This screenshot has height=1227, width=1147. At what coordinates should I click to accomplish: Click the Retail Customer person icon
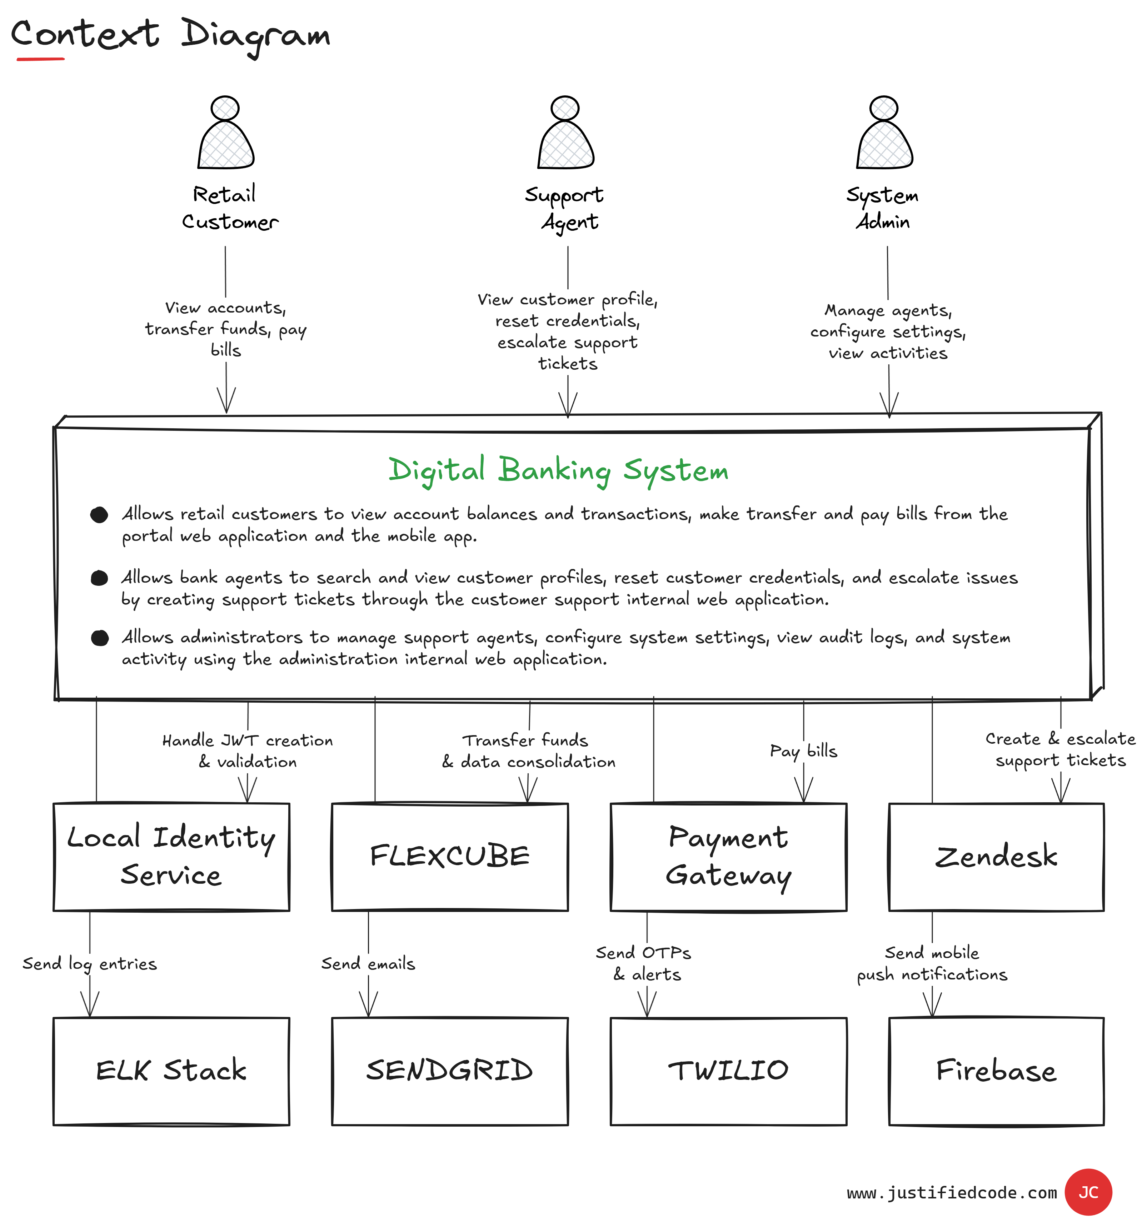point(225,133)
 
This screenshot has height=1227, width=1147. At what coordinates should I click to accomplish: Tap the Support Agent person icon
point(565,133)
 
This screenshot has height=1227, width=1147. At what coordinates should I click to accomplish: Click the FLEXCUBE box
point(449,857)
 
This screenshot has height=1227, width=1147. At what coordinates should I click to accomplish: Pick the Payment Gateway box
point(728,857)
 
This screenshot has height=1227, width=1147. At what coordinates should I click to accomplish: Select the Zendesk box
point(996,857)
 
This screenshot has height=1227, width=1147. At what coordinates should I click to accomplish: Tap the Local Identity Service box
point(171,857)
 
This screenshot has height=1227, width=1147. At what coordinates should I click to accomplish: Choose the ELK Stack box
point(171,1071)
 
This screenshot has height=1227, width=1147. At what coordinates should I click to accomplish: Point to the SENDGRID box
point(449,1071)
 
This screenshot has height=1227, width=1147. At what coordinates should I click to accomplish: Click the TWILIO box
point(728,1071)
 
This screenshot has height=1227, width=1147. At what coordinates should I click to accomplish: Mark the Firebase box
point(996,1071)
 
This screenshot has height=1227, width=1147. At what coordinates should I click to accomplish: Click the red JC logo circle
point(1088,1192)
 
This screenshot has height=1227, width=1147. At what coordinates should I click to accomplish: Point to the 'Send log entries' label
point(90,963)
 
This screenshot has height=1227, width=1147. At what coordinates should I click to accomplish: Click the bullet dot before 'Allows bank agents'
point(99,578)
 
